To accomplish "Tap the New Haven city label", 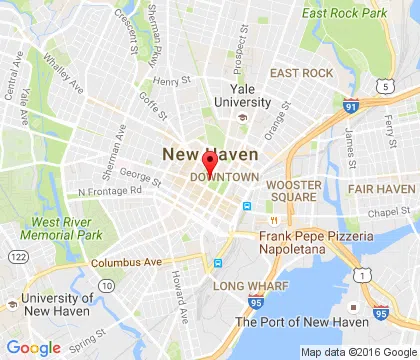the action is tap(210, 155).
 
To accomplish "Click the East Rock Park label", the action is tap(345, 14).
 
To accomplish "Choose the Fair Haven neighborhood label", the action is tap(380, 189).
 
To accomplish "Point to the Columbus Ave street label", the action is tap(125, 262).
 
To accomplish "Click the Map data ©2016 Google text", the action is tap(357, 352).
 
